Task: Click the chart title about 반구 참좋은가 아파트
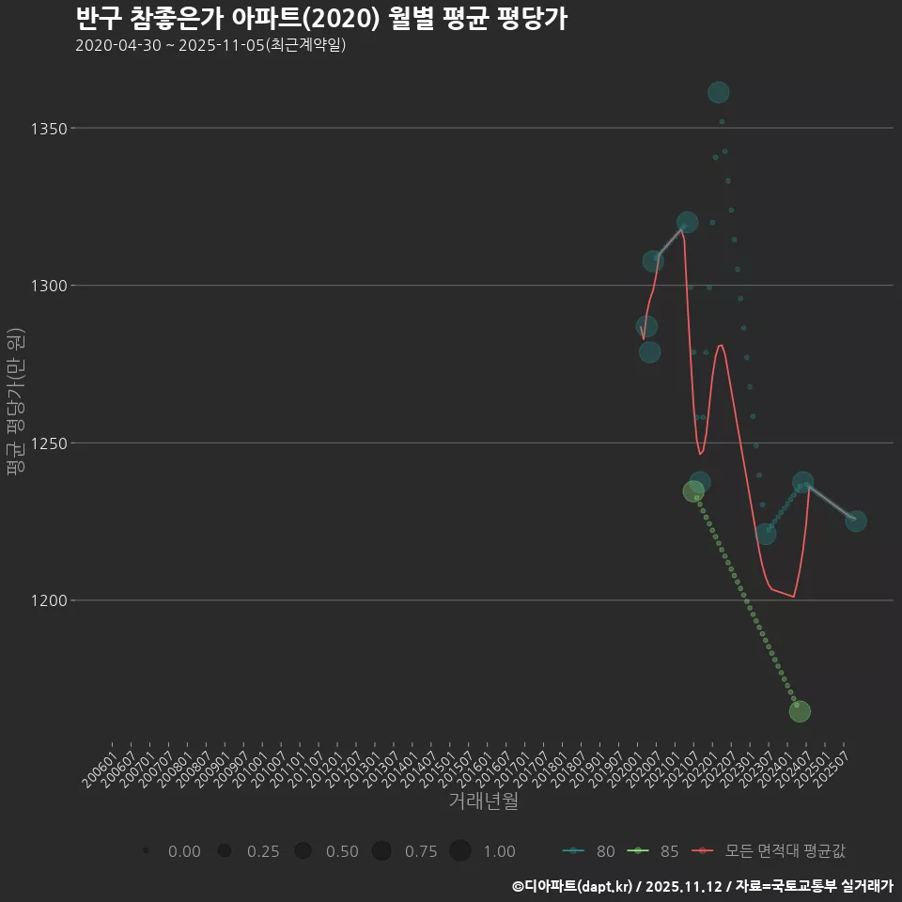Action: click(320, 19)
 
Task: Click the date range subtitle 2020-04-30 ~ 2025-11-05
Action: click(210, 45)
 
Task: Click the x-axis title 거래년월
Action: click(483, 801)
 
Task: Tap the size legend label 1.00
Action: click(499, 851)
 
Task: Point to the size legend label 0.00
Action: click(183, 851)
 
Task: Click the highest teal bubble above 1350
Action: click(719, 92)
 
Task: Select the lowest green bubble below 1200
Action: click(800, 711)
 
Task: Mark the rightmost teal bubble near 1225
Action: click(856, 521)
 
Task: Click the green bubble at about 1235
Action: click(693, 491)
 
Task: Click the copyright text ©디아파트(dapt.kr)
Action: click(573, 886)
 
